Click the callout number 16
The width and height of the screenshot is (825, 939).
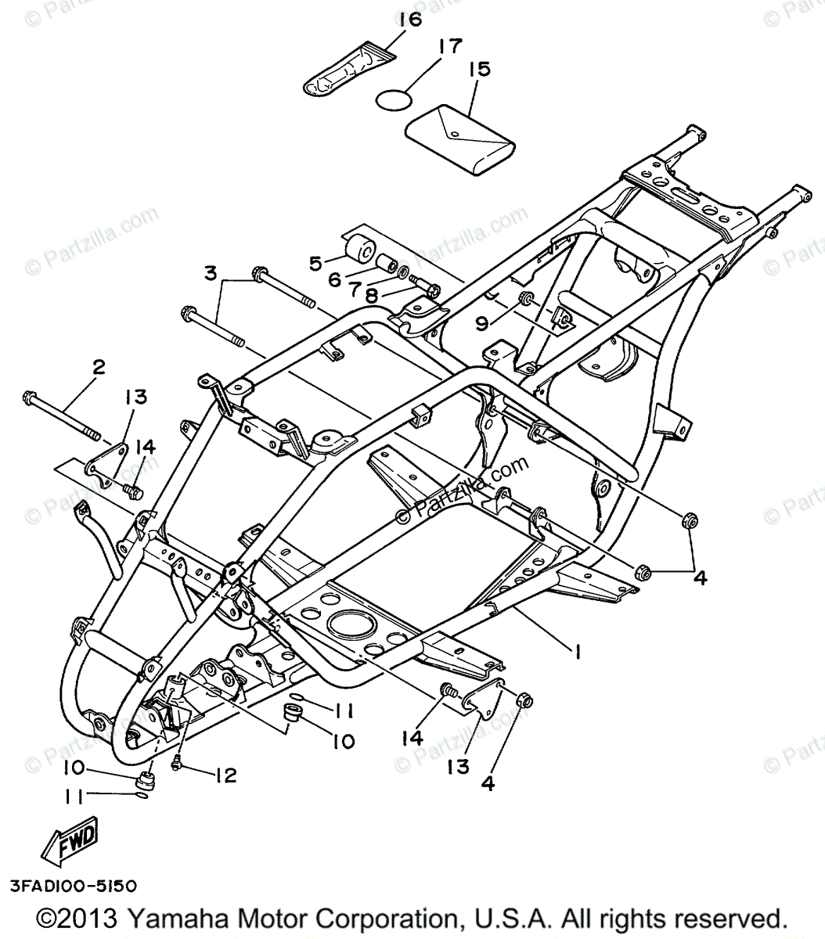(409, 20)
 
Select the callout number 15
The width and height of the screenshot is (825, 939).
(478, 70)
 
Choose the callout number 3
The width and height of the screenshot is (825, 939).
(210, 274)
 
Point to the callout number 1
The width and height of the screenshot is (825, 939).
(578, 649)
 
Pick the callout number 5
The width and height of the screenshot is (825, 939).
(315, 263)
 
